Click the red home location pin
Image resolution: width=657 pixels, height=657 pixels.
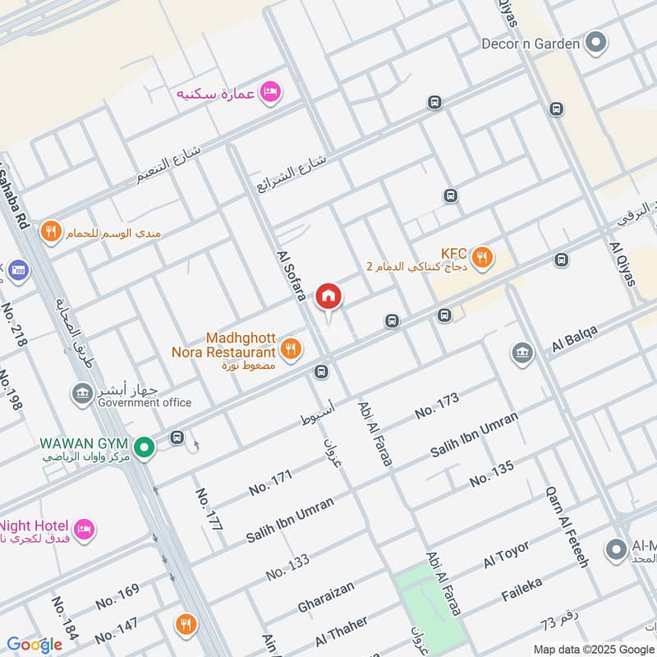[x=328, y=296]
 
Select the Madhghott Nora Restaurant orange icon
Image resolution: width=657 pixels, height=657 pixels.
[x=289, y=351]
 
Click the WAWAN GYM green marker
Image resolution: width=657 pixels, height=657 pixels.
[x=145, y=448]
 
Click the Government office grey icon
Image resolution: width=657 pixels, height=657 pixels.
[x=81, y=393]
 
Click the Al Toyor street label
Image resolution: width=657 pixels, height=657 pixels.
[x=507, y=555]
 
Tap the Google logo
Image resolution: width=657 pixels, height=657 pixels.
[x=34, y=645]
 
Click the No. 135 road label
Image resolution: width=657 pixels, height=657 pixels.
[x=492, y=473]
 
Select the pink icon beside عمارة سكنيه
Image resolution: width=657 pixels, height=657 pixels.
[x=269, y=93]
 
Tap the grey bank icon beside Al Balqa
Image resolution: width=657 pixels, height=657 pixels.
[x=521, y=353]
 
